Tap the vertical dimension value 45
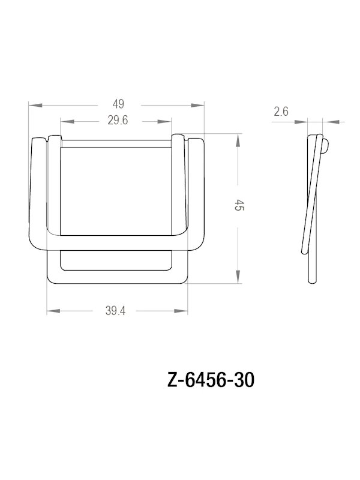(239, 206)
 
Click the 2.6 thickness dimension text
(281, 112)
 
